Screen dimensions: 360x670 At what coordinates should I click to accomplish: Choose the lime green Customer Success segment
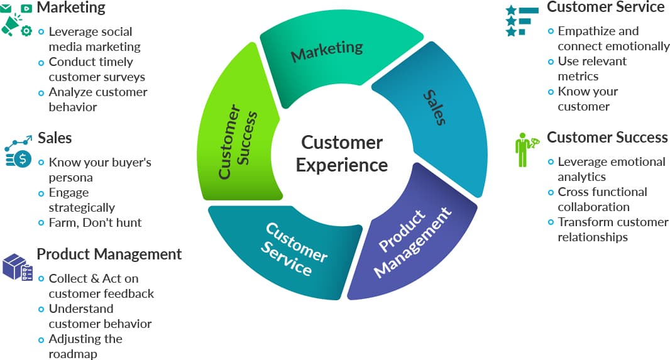(236, 145)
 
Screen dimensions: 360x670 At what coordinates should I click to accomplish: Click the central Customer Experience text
(341, 153)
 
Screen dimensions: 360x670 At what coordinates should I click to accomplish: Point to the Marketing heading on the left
(71, 8)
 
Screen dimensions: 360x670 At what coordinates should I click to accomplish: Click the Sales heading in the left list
(55, 138)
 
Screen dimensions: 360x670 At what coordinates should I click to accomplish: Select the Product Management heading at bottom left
(109, 254)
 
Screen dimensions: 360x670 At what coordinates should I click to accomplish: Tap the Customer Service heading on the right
(605, 8)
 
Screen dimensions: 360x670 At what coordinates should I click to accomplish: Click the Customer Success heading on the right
(607, 138)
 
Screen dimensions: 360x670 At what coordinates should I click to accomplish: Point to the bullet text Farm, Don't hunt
(95, 222)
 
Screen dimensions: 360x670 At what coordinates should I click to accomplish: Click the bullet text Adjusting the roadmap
(85, 346)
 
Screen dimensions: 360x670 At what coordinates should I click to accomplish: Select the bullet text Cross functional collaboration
(602, 199)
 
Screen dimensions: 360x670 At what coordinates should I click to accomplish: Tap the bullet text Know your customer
(588, 99)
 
